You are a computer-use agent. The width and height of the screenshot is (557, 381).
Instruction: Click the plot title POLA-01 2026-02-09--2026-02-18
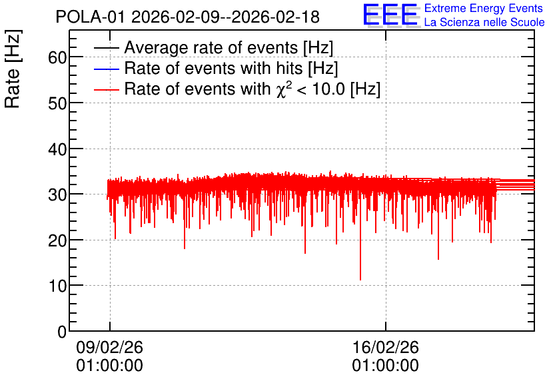(188, 17)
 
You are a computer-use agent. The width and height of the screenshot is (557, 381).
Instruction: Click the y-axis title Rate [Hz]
(13, 69)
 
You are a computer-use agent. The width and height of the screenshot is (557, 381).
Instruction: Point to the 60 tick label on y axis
(57, 57)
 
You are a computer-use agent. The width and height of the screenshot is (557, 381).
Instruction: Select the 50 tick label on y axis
(57, 103)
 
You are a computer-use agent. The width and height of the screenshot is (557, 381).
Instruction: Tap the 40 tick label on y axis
(57, 149)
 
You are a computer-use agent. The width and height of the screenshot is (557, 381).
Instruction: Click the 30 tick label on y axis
(57, 194)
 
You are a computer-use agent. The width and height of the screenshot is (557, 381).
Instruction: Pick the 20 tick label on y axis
(57, 240)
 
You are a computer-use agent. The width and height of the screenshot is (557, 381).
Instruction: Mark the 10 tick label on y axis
(57, 286)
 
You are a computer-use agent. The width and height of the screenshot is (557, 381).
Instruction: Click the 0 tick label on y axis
(62, 332)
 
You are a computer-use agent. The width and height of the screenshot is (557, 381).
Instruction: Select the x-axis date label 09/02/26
(109, 347)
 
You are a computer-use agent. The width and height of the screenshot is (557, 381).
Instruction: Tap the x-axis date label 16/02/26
(385, 347)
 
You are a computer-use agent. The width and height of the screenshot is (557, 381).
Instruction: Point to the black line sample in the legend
(107, 48)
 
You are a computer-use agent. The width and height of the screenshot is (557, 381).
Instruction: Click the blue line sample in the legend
(107, 69)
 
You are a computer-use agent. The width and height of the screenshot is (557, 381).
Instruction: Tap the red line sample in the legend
(107, 89)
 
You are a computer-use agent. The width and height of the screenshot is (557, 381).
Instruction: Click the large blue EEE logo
(391, 15)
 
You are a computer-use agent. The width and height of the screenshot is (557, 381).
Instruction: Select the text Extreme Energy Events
(484, 8)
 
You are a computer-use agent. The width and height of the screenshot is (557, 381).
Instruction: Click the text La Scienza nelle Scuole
(484, 22)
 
